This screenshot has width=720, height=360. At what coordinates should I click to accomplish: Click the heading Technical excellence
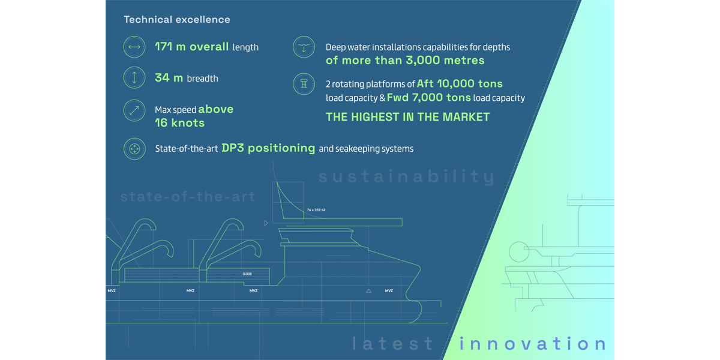click(177, 20)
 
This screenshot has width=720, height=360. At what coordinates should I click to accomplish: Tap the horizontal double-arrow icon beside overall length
click(134, 47)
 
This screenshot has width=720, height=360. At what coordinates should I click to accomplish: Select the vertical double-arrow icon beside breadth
click(134, 77)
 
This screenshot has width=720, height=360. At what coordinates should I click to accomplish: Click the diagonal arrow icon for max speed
click(134, 110)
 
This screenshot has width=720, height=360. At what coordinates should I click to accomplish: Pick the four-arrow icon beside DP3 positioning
click(134, 149)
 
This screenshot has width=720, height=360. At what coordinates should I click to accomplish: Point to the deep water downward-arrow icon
click(304, 47)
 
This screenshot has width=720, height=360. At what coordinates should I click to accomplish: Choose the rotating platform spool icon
click(304, 84)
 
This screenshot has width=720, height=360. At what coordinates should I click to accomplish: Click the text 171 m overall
click(192, 47)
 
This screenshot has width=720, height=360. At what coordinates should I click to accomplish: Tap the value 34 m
click(169, 77)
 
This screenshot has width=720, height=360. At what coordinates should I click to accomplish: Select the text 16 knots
click(179, 123)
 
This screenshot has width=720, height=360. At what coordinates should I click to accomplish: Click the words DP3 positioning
click(268, 148)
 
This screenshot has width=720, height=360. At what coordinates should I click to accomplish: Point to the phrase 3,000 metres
click(445, 60)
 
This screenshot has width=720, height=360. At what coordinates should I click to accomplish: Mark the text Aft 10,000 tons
click(460, 83)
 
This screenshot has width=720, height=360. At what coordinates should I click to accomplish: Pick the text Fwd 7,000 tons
click(429, 97)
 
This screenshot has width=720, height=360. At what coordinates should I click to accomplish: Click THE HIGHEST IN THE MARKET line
click(407, 117)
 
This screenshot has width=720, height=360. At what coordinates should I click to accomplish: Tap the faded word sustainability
click(407, 176)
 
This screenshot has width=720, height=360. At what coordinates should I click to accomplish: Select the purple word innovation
click(533, 343)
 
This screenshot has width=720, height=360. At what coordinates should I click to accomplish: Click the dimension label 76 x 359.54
click(316, 210)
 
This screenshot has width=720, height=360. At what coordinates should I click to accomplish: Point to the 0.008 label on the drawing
click(247, 274)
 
